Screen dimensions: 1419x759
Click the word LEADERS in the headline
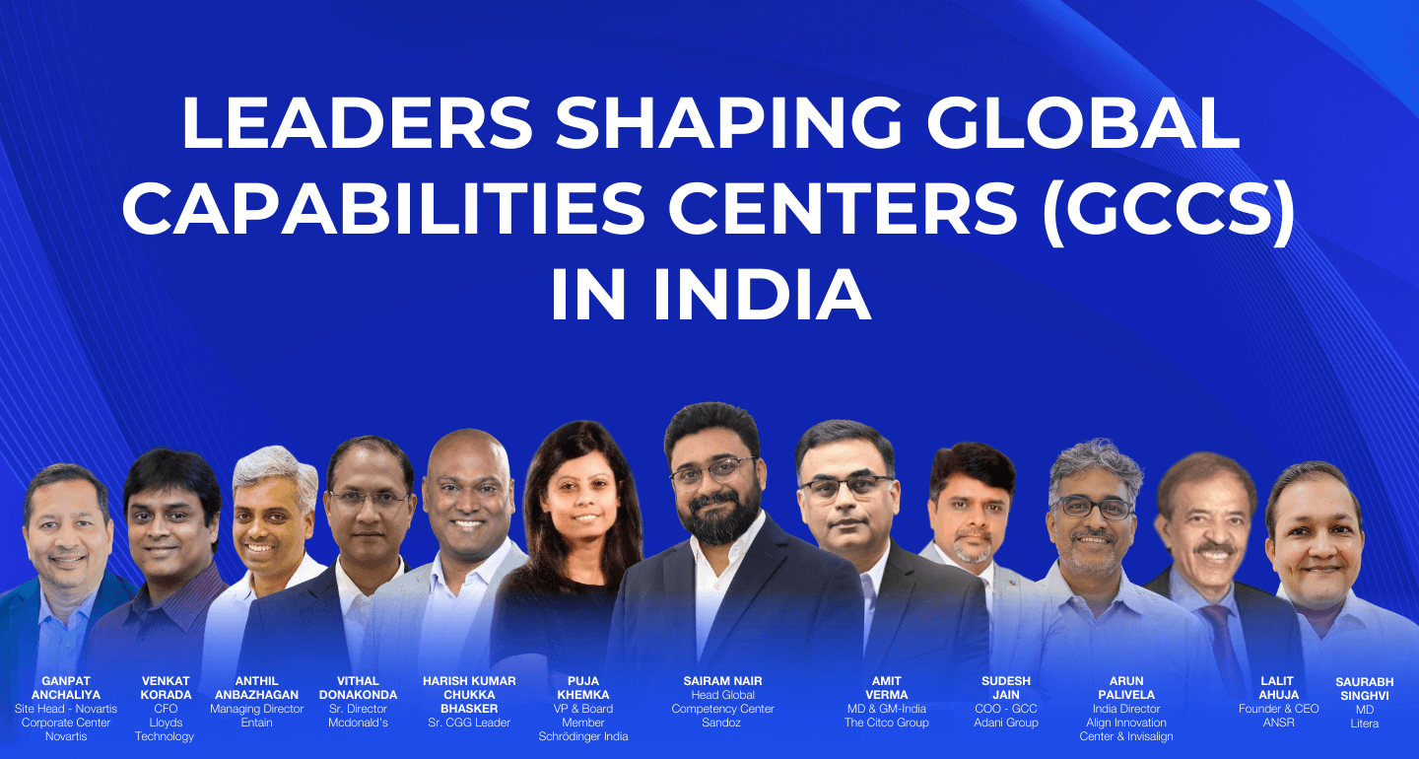(x=358, y=123)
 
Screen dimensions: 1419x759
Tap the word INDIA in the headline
(x=762, y=295)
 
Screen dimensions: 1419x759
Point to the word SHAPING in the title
(x=728, y=123)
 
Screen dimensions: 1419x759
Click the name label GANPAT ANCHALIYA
(x=66, y=687)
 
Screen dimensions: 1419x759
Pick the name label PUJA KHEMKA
(x=582, y=687)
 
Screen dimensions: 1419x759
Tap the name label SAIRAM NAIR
(x=723, y=681)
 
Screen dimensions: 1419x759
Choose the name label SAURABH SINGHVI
(x=1365, y=689)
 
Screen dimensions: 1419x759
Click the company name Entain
(x=256, y=723)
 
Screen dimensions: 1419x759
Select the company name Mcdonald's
(x=358, y=723)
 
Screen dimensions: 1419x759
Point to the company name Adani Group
(x=1006, y=723)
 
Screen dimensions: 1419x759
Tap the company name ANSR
(x=1278, y=723)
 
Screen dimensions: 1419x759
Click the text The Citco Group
(x=886, y=723)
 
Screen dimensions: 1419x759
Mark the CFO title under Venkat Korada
(x=166, y=709)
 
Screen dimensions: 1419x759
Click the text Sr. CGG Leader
(x=469, y=723)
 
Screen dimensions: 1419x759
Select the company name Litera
(x=1365, y=724)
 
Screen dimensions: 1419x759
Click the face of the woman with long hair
(x=581, y=502)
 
